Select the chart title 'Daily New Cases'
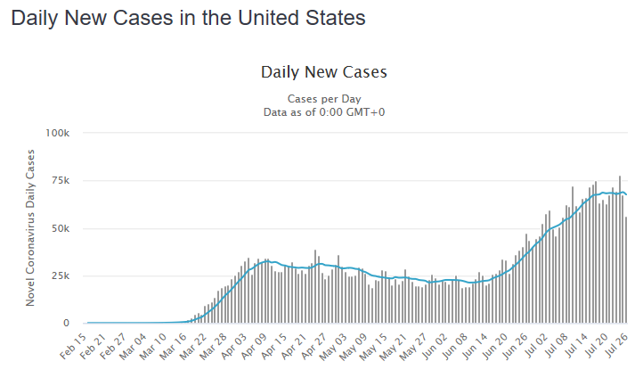point(324,71)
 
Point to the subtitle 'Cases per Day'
point(324,98)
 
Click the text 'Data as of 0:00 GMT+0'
point(324,111)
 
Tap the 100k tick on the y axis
point(58,133)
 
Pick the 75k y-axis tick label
point(61,181)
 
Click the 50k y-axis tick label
point(61,228)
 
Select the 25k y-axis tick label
point(61,275)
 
